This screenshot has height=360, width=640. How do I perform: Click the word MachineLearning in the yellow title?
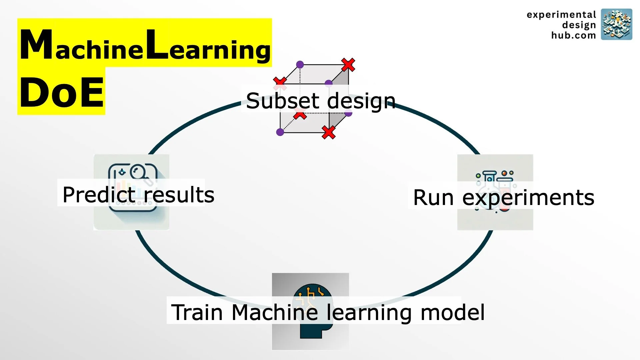coord(145,45)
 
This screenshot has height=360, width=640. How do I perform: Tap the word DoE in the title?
coord(62,92)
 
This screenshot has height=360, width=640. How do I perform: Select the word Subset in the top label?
coord(283,101)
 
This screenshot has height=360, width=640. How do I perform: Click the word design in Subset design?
coord(361,101)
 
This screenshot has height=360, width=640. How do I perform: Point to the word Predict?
coord(99,195)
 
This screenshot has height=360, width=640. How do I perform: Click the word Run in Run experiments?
coord(433,197)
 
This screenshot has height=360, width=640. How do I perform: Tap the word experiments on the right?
coord(528,198)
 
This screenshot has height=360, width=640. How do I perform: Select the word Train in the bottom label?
coord(197,312)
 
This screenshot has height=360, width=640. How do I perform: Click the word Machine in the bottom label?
coord(275,312)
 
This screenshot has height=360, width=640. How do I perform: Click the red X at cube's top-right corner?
coord(348,65)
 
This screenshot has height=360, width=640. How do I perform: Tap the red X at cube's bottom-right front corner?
coord(329,132)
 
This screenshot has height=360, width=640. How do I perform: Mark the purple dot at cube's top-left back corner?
coord(300,64)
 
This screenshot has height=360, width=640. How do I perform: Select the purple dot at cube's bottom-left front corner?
coord(280,132)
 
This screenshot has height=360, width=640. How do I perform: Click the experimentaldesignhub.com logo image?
coord(616,24)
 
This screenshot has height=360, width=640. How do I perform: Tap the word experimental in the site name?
coord(561,15)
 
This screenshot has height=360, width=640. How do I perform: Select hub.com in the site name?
coord(573,35)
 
